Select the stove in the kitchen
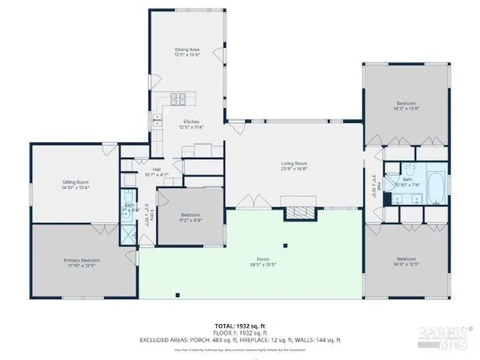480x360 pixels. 178,100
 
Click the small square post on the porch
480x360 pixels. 284,247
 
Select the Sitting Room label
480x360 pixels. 75,185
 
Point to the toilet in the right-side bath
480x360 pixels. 409,170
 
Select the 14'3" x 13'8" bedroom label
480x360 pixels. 406,107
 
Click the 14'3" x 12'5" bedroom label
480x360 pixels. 406,261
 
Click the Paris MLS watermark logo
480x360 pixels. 450,337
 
